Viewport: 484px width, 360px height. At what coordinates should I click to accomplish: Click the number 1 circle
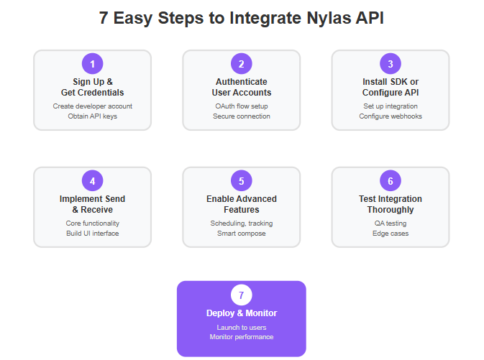[92, 63]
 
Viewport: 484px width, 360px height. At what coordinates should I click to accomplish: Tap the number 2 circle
[242, 63]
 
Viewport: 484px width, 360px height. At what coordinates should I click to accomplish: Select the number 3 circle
[391, 63]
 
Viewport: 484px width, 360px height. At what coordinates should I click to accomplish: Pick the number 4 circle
[92, 180]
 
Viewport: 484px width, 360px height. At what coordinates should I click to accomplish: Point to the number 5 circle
[242, 180]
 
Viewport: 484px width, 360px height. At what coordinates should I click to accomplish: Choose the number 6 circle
[391, 180]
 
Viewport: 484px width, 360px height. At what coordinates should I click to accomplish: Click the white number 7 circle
[242, 295]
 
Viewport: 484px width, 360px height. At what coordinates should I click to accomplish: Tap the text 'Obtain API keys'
[92, 116]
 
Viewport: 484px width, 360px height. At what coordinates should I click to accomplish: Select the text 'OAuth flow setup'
[242, 106]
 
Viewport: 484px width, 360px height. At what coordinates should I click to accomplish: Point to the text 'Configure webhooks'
[391, 116]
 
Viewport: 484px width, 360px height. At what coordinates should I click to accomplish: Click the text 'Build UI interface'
[92, 234]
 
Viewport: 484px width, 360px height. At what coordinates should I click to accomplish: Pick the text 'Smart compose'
[242, 234]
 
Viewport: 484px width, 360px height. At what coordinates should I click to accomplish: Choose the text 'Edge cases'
[391, 234]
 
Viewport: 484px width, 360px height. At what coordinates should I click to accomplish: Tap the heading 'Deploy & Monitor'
[242, 313]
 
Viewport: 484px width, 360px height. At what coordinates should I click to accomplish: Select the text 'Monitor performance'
[242, 337]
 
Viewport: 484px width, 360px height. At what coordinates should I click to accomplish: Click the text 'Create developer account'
[92, 106]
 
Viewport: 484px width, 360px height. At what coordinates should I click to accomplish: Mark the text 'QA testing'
[391, 223]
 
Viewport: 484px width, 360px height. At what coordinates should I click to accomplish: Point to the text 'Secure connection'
[242, 116]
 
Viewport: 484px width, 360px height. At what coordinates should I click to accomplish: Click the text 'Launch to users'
[242, 328]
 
